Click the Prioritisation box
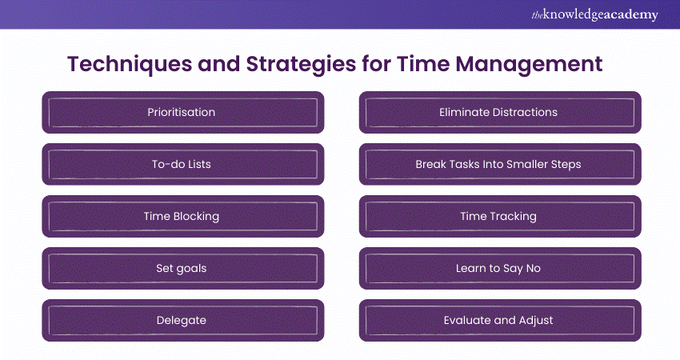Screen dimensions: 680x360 coord(183,112)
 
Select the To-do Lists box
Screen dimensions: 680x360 coord(183,164)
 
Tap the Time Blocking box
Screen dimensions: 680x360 coord(183,217)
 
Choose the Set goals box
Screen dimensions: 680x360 coord(183,269)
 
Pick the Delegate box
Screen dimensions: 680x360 coord(183,321)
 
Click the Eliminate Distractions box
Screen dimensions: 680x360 coord(500,112)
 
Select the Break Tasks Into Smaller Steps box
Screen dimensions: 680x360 coord(500,164)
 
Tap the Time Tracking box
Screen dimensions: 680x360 coord(500,217)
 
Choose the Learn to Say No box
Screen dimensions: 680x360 coord(500,269)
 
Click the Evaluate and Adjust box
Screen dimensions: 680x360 coord(500,321)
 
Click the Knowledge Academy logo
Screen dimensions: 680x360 coord(594,14)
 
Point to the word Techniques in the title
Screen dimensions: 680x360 coord(130,64)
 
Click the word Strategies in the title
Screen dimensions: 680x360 coord(301,64)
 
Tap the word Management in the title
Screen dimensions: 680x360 coord(529,64)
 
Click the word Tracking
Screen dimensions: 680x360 coord(514,217)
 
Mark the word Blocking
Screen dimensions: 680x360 coord(196,217)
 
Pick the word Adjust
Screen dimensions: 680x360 coord(536,321)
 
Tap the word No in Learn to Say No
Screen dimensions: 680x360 coord(534,269)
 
